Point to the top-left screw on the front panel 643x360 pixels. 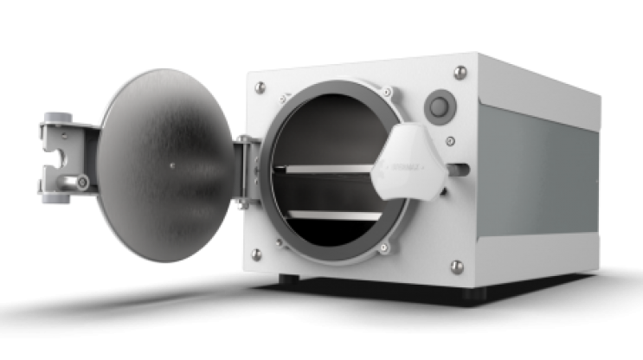258,86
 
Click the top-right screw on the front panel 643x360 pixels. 460,72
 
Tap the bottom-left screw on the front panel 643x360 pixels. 256,254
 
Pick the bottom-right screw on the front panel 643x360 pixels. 457,266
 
